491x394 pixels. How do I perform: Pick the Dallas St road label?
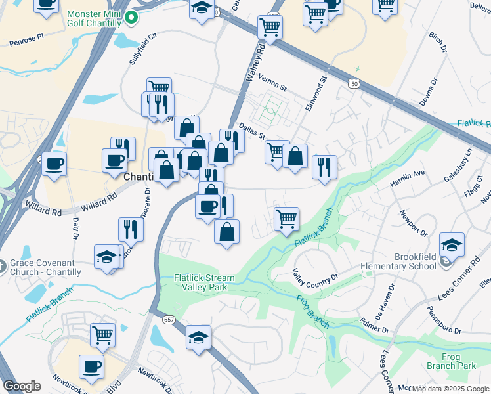click(x=251, y=131)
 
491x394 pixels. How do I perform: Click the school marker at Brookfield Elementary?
click(x=451, y=245)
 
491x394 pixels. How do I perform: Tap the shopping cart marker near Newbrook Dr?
click(x=103, y=335)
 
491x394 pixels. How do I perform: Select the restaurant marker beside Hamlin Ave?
click(x=324, y=167)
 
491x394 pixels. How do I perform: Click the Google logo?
click(x=22, y=386)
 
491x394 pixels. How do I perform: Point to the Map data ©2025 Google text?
click(x=450, y=389)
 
